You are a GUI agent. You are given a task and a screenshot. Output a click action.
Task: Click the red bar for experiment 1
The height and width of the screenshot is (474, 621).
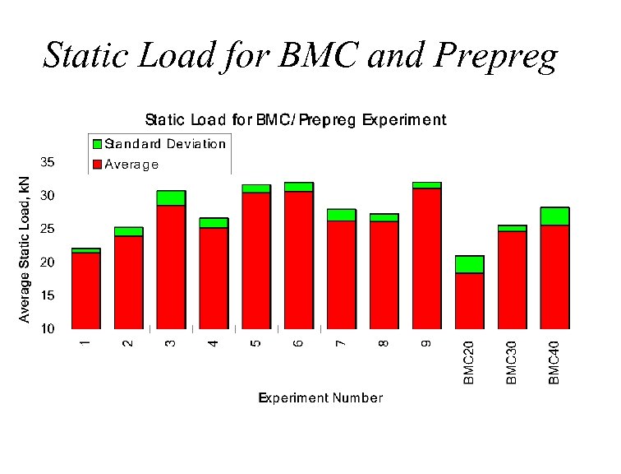point(86,290)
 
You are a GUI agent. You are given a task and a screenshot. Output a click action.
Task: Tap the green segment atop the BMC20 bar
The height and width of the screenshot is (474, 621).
point(469,264)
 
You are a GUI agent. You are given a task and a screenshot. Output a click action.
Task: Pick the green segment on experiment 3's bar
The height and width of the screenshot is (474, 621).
point(171,197)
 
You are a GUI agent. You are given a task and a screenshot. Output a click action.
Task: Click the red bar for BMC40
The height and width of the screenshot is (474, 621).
point(554,277)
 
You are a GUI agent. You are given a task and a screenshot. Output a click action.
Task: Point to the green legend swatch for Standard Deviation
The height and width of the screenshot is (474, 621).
point(97,144)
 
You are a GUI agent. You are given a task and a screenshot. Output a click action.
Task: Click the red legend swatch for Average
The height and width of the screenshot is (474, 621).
point(97,165)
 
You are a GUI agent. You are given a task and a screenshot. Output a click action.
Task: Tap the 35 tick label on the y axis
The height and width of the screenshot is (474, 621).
point(48,162)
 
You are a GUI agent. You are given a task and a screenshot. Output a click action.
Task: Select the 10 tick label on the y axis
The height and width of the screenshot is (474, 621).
point(48,329)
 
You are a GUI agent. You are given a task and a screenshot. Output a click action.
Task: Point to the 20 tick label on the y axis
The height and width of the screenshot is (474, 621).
point(48,263)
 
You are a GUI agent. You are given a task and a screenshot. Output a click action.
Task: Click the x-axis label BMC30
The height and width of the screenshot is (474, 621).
point(511,362)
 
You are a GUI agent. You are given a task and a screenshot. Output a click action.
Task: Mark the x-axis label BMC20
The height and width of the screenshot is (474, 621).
point(469,362)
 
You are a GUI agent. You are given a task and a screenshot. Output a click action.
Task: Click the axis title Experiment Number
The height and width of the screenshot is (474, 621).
point(320,398)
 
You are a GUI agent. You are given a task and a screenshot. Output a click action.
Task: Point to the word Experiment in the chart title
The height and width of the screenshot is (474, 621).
point(402,120)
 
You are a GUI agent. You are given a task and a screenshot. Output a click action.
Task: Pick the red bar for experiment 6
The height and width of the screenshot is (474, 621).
point(299,260)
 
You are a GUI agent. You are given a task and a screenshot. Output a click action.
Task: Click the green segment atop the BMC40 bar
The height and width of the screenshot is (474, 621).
point(554,216)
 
